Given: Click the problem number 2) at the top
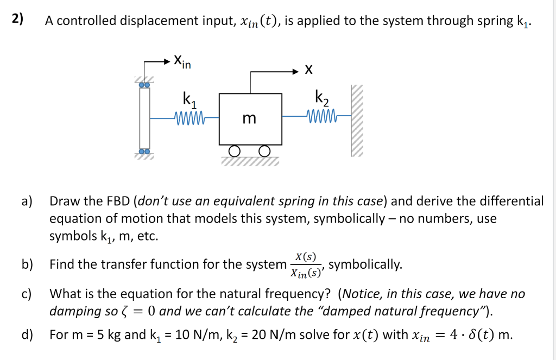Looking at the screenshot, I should pos(18,19).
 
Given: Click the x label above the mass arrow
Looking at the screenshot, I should pos(308,70).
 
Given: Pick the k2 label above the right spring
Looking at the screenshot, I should pos(321,99).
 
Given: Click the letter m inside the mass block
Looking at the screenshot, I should pos(249,118).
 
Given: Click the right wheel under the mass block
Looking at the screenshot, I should pos(264,150).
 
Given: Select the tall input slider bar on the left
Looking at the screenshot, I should pos(144,117).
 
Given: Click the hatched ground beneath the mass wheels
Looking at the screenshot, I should pos(250,161).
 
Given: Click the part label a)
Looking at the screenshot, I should pos(27,201).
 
